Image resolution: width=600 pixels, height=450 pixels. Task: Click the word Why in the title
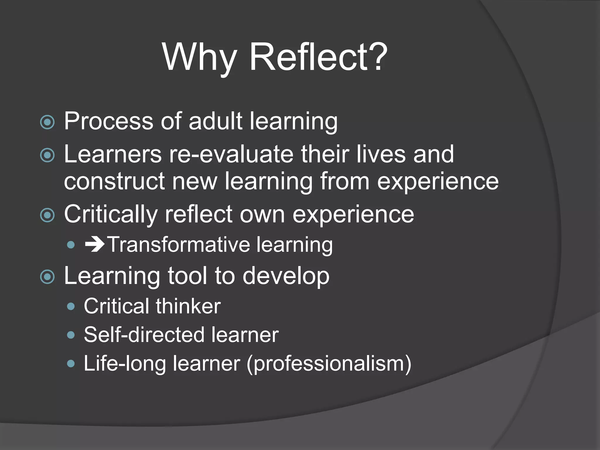click(200, 57)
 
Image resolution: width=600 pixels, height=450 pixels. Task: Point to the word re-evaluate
click(231, 154)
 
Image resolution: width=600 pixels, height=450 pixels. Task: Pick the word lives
click(381, 154)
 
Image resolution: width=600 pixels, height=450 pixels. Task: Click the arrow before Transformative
click(94, 245)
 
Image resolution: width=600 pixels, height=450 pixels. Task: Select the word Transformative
click(179, 245)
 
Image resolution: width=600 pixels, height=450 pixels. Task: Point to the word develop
click(286, 277)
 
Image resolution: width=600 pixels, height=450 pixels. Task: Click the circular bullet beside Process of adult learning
click(47, 122)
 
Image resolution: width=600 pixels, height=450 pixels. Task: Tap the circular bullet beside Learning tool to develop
click(47, 277)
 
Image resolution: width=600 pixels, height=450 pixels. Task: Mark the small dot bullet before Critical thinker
click(71, 306)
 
